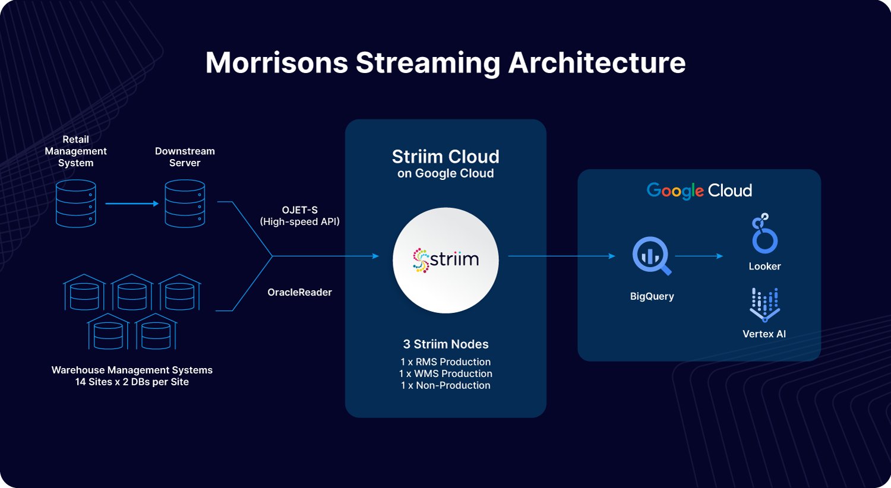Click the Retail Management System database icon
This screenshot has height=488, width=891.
point(75,204)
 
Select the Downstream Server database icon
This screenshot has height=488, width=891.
point(185,204)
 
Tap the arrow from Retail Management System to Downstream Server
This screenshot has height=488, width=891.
point(132,204)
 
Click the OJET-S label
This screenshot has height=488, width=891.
point(300,210)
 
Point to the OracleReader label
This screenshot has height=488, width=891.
point(299,292)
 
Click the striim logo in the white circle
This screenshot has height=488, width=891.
point(445,259)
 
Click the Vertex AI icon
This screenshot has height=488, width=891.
point(764,305)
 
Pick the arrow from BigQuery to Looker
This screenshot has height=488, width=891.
point(699,256)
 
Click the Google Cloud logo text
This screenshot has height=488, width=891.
point(699,191)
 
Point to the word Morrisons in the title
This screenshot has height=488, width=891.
point(276,62)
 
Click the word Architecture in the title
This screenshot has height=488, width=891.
point(596,62)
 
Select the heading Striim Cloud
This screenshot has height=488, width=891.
point(445,157)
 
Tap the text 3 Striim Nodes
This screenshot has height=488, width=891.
point(445,344)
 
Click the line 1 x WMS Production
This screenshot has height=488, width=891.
point(445,373)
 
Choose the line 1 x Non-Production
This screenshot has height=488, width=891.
point(445,385)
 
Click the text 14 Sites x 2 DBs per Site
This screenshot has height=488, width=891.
point(132,382)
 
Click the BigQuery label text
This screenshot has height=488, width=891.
point(652,296)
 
